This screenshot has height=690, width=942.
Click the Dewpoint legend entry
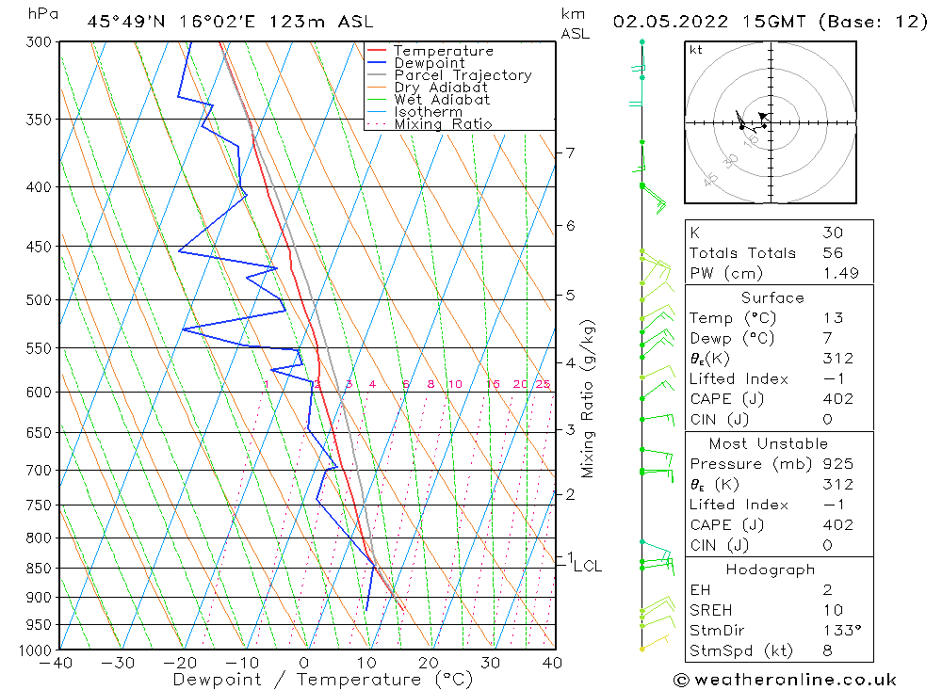[429, 63]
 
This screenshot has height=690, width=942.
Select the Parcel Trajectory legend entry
[463, 75]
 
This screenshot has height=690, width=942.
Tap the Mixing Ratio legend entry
[443, 123]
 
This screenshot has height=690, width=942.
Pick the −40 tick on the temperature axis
[57, 663]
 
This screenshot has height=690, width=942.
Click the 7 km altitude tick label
[570, 152]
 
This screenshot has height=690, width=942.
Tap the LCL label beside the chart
[587, 566]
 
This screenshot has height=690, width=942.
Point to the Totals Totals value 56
[832, 253]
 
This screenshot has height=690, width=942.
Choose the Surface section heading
[771, 298]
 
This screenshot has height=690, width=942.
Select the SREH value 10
[832, 611]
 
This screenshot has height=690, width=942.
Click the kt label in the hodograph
[695, 50]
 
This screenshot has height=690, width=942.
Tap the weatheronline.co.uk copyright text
[784, 680]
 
